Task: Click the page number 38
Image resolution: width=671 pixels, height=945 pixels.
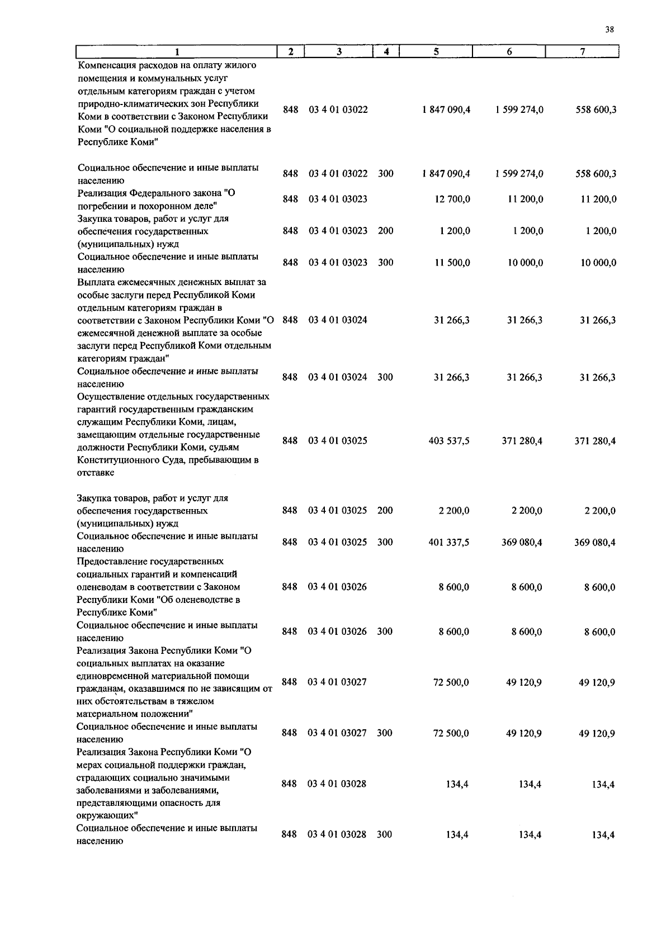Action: (609, 30)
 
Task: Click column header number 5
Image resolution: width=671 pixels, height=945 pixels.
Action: (436, 51)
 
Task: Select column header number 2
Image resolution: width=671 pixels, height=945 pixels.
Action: (291, 51)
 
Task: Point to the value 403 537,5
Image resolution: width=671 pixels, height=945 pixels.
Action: (448, 441)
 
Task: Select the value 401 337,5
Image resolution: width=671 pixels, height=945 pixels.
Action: (448, 542)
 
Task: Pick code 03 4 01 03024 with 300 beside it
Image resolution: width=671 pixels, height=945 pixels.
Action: (337, 377)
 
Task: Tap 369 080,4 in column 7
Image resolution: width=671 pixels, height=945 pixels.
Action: (595, 542)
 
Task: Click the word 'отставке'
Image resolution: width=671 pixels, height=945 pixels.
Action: (96, 473)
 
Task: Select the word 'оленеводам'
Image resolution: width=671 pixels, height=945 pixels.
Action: (103, 587)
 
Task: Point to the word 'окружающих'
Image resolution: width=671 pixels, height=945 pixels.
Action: (106, 816)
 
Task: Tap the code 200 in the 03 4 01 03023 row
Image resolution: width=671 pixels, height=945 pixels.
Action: (385, 231)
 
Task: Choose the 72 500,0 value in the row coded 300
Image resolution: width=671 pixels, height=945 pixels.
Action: (451, 733)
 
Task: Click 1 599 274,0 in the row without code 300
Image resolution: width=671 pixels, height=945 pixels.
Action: (519, 110)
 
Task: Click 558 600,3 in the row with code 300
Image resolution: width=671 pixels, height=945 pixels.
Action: (596, 174)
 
